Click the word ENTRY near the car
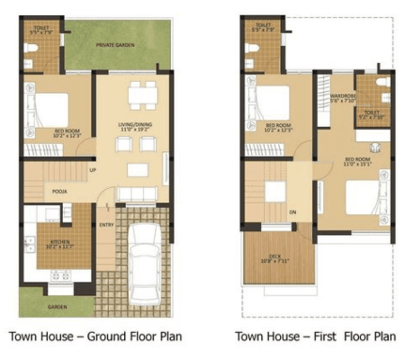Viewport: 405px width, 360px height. pos(106,224)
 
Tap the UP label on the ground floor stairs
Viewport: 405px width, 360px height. pos(93,169)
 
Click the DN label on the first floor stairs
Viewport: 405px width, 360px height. pos(292,213)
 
